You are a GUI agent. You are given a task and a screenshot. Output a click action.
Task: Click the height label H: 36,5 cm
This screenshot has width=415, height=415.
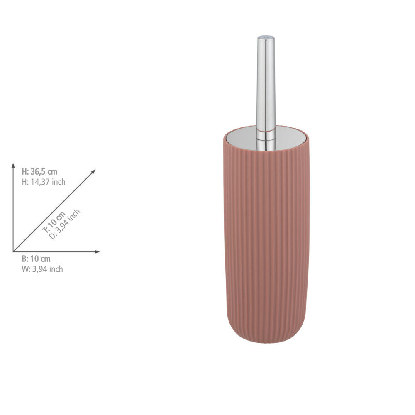[x=39, y=172]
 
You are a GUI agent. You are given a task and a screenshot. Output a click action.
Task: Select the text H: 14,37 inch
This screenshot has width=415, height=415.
[x=44, y=182]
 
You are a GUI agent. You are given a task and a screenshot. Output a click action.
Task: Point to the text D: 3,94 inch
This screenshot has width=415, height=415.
[x=65, y=225]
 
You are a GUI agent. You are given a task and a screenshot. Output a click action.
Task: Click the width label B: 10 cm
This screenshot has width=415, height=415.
[x=36, y=259]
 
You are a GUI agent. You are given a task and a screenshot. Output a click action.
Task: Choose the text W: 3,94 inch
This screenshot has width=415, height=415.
[x=42, y=269]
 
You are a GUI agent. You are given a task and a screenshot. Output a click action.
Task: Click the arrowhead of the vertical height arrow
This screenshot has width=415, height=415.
[x=13, y=165]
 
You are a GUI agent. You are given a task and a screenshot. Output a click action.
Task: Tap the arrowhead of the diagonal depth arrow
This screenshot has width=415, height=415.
[x=93, y=171]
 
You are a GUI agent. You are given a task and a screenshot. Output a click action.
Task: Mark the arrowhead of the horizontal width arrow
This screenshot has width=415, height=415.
[x=98, y=252]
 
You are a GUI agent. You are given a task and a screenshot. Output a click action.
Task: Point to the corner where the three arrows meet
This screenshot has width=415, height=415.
[x=13, y=252]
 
